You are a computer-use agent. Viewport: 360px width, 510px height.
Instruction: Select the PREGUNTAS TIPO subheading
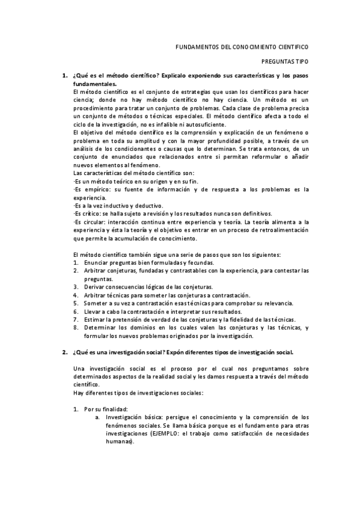point(285,61)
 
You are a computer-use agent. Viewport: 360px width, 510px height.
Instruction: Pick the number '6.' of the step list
point(76,312)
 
